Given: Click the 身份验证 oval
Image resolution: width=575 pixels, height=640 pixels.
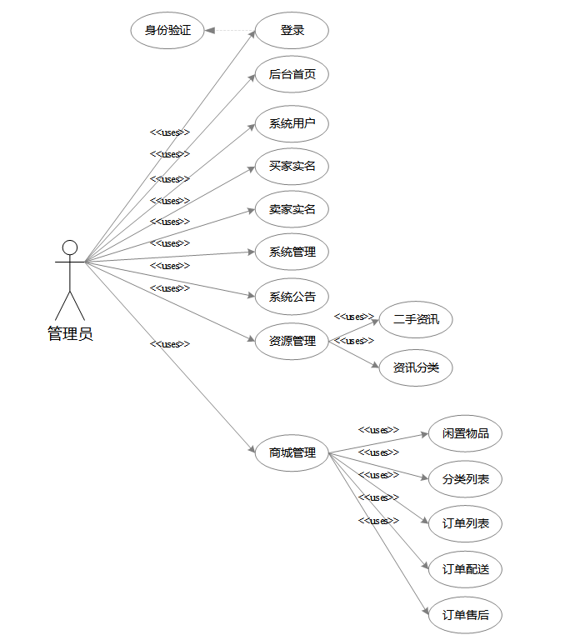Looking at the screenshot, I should click(167, 31).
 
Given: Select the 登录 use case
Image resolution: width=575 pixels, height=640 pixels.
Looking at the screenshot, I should click(292, 31).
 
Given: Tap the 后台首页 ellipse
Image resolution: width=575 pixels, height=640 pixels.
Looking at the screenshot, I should click(292, 74).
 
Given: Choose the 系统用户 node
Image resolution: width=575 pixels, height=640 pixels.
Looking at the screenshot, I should click(292, 124).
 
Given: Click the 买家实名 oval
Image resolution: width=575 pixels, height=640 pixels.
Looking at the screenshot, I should click(292, 167).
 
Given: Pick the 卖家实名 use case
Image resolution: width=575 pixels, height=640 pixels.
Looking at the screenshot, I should click(292, 209).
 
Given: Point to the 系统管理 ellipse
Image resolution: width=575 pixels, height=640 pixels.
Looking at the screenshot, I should click(292, 252).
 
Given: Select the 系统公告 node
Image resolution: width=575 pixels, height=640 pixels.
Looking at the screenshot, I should click(292, 297).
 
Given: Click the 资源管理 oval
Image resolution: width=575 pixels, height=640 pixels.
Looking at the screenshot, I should click(292, 341).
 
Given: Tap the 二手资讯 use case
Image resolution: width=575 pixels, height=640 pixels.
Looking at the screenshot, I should click(416, 319).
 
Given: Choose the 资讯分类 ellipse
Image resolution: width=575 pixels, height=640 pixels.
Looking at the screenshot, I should click(416, 367).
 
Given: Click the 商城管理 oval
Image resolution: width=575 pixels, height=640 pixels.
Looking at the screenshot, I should click(292, 453).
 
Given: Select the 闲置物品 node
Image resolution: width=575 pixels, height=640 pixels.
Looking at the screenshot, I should click(465, 433).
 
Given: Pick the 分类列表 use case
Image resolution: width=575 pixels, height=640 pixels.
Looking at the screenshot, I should click(465, 479).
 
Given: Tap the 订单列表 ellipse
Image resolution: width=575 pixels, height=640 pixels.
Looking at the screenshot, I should click(465, 524).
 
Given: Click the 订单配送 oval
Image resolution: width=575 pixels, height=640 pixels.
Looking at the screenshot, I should click(465, 569).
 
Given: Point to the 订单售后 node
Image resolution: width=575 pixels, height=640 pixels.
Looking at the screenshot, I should click(465, 616).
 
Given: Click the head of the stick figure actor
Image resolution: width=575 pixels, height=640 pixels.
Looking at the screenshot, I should click(70, 247).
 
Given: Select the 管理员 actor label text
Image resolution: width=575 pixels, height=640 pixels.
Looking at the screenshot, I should click(70, 334).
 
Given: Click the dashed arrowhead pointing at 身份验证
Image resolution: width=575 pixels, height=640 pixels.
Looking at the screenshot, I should click(210, 31).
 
